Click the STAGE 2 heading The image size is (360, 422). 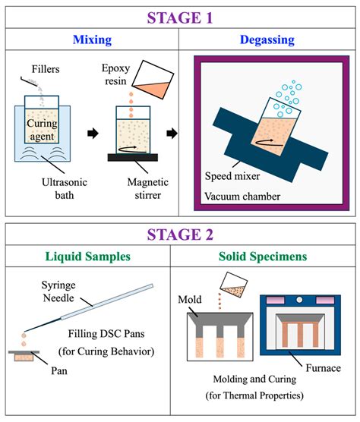[x=179, y=235]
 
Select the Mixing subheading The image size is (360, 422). [x=92, y=39]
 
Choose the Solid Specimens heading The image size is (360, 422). [x=264, y=257]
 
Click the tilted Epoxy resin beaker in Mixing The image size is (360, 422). [x=156, y=82]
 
